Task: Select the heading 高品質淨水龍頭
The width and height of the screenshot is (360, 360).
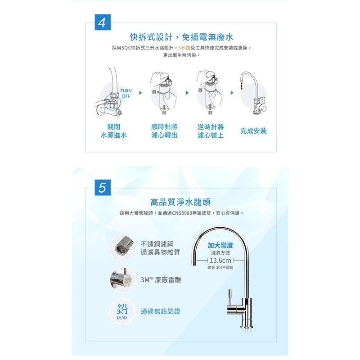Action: point(180,202)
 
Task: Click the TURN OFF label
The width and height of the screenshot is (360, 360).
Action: point(126,94)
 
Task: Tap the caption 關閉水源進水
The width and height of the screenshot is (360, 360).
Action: point(113,131)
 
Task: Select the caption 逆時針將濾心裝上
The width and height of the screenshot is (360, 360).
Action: point(211,131)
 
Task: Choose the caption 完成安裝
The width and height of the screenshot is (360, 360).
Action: point(253,131)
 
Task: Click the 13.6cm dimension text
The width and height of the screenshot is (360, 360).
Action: point(220,261)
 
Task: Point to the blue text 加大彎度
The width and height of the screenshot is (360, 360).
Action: point(220,245)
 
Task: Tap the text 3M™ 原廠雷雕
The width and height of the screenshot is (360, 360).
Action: point(161,279)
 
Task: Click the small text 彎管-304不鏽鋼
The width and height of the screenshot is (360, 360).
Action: point(220,268)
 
